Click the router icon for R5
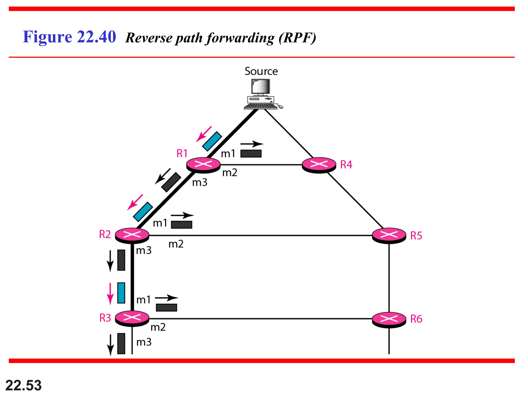[389, 235]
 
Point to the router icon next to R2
[132, 235]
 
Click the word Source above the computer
[261, 71]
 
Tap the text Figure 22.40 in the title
[69, 37]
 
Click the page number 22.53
[23, 385]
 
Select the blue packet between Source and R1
[212, 141]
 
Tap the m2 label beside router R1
[230, 173]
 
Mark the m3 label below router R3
[144, 342]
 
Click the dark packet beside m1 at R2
[181, 225]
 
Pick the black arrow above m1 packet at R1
[252, 144]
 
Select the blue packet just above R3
[121, 293]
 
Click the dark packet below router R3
[121, 343]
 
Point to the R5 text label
[416, 236]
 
